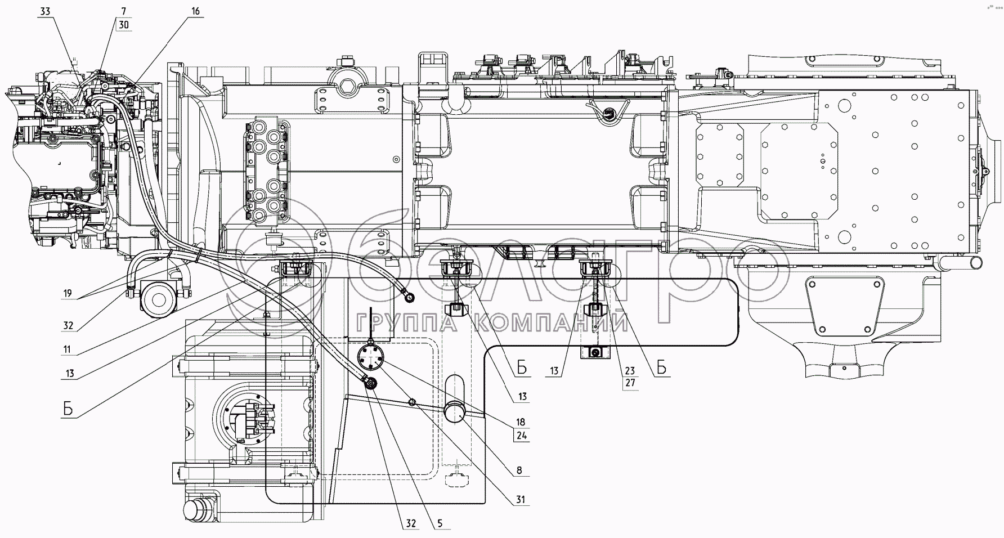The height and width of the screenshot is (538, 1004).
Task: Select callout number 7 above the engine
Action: [124, 11]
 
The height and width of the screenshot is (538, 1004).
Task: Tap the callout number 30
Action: [124, 25]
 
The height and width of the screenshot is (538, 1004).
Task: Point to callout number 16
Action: [194, 11]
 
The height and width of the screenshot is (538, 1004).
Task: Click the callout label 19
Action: [68, 293]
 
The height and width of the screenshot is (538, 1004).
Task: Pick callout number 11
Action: [67, 349]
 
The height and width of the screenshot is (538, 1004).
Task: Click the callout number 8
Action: [518, 470]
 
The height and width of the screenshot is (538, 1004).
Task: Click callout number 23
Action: [630, 371]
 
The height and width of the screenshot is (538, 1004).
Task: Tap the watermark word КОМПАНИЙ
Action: [551, 322]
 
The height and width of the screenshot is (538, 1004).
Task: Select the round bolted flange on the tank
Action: [370, 358]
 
